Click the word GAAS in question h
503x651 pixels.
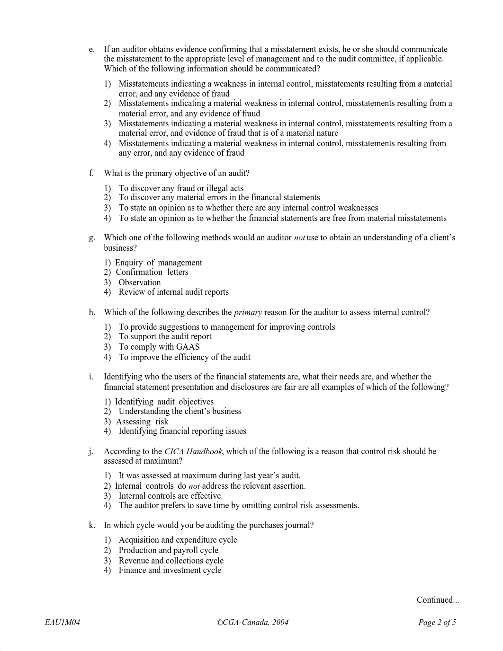tap(188, 347)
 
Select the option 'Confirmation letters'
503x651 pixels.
tap(152, 272)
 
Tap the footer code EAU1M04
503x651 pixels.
tap(63, 623)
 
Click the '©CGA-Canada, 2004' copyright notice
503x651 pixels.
tap(252, 623)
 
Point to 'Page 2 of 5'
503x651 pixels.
tap(437, 623)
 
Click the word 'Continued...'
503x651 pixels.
tap(438, 600)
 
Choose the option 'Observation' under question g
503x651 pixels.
tap(139, 282)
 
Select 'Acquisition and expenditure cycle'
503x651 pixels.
tap(178, 540)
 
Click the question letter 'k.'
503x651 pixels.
tap(92, 525)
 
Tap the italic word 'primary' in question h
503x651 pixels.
tap(248, 312)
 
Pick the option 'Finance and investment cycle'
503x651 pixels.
tap(170, 570)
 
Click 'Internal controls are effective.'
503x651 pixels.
tap(171, 496)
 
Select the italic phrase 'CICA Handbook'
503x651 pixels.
tap(193, 451)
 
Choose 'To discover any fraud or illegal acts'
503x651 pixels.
tap(181, 188)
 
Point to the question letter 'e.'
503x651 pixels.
tap(91, 49)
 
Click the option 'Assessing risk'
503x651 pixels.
tap(142, 422)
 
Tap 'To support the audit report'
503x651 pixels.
tap(165, 336)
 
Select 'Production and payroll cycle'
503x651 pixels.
tap(168, 550)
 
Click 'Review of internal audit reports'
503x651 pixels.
tap(173, 292)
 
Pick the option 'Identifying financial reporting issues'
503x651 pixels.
tap(182, 431)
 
